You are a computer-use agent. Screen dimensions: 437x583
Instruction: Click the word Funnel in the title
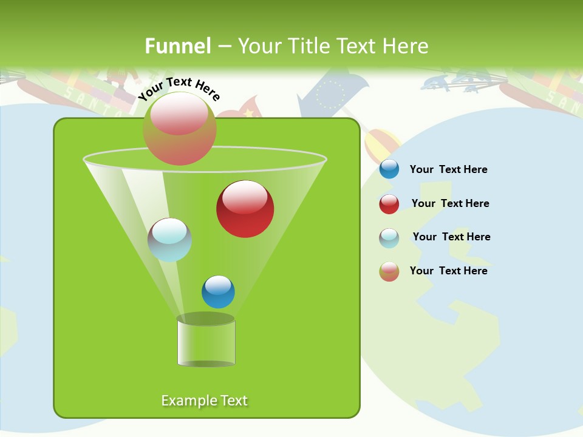coord(178,46)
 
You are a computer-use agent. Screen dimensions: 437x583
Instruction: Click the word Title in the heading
coord(309,46)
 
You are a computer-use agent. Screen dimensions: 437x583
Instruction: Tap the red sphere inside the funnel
coord(245,209)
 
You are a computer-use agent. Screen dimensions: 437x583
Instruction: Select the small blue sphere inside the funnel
coord(218,292)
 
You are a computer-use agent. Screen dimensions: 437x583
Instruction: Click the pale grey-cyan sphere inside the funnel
coord(170,240)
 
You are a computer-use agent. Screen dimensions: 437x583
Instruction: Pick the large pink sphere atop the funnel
coord(180,128)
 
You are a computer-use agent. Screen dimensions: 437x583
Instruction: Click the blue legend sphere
coord(389,169)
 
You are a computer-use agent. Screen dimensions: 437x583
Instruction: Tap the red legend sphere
coord(389,204)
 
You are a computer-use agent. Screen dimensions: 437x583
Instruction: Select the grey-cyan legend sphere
coord(389,238)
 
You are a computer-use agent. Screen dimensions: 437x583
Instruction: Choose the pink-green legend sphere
coord(389,271)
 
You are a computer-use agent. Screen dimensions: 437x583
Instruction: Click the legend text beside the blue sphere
coord(448,169)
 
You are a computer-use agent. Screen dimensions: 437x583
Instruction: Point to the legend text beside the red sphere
coord(450,203)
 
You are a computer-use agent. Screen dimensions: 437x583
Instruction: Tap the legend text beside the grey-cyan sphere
coord(451,237)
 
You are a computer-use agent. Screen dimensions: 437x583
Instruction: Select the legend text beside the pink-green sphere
coord(448,271)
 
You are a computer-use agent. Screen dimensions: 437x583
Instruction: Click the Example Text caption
coord(204,401)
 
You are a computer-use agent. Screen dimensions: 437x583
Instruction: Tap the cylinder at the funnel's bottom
coord(206,341)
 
